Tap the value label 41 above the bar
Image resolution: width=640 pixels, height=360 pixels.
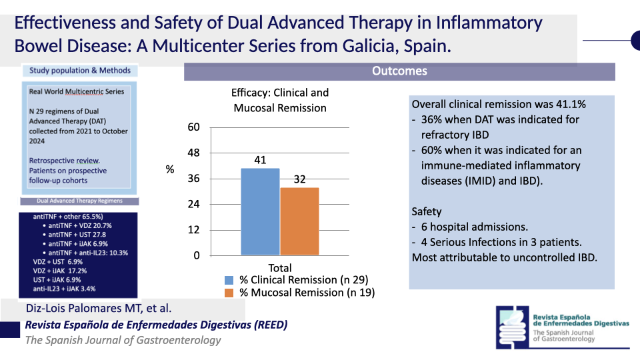click(260, 160)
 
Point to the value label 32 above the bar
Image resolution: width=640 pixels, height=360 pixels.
click(299, 179)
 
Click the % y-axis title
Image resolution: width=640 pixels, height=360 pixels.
click(170, 170)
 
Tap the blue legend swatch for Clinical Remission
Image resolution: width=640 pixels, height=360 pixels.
click(229, 280)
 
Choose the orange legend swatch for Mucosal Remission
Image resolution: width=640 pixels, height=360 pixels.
click(229, 292)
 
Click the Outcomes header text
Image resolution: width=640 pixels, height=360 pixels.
click(399, 71)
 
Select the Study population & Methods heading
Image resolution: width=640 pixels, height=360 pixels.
click(80, 71)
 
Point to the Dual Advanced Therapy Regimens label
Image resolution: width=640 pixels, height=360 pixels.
click(79, 201)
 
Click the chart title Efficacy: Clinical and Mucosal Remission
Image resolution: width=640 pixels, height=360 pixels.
click(280, 100)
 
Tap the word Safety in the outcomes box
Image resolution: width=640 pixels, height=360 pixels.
click(427, 211)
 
